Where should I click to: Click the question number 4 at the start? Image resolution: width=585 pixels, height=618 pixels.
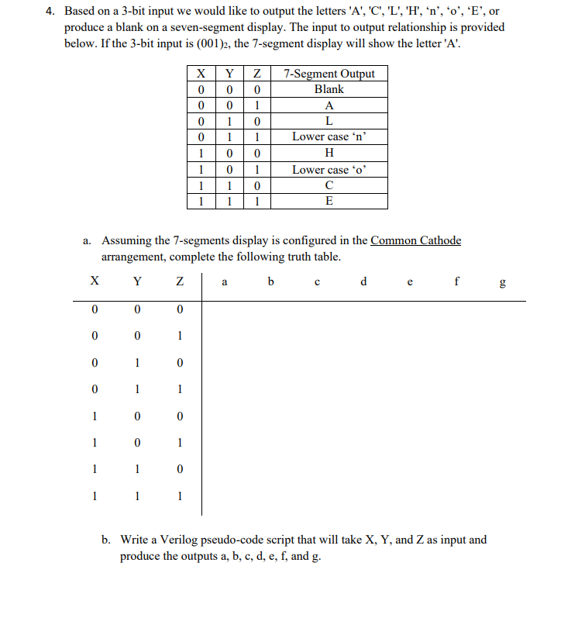tap(49, 12)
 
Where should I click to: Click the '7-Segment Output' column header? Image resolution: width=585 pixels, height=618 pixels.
tap(329, 74)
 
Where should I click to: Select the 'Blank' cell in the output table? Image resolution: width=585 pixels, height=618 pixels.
tap(329, 89)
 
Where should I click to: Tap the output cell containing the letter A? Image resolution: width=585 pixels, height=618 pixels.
tap(329, 105)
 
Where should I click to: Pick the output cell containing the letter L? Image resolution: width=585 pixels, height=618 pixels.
tap(329, 121)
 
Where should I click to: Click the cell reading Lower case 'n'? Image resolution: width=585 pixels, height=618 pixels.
tap(329, 136)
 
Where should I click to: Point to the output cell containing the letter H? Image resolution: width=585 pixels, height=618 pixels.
tap(329, 153)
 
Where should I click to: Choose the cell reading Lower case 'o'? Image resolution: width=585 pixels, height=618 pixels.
tap(329, 169)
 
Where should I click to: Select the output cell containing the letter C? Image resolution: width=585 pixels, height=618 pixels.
tap(329, 185)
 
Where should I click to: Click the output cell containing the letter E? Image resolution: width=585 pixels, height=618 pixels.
tap(329, 201)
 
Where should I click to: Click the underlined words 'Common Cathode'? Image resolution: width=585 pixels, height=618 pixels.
tap(415, 240)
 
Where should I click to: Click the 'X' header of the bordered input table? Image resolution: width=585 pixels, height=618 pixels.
tap(201, 74)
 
